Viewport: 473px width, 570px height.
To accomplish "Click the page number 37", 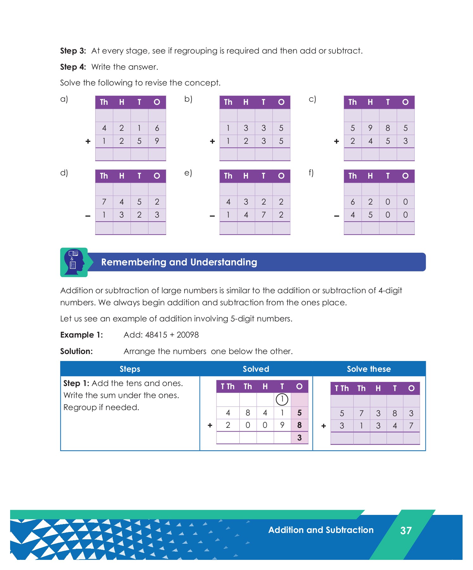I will (406, 530).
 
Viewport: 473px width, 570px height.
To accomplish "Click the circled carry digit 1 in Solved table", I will (282, 399).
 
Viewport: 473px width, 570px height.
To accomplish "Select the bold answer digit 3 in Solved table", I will (299, 438).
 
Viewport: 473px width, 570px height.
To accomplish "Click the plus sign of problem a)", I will (88, 141).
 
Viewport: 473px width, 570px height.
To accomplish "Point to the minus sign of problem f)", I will (337, 216).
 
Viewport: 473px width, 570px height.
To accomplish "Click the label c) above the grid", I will (312, 99).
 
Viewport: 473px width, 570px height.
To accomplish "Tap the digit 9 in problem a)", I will (157, 141).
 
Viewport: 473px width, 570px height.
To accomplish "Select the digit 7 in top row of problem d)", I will (104, 202).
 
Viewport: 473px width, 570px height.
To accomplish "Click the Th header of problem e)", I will (228, 176).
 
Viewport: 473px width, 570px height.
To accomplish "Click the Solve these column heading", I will (369, 369).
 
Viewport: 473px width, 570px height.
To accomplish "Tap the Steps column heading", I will (130, 369).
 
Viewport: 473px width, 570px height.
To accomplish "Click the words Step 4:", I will (73, 67).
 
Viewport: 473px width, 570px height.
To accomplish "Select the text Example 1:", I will (81, 335).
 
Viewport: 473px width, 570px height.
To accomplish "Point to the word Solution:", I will (76, 351).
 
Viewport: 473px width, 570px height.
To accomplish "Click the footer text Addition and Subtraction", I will (321, 530).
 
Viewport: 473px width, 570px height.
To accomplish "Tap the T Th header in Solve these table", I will (341, 388).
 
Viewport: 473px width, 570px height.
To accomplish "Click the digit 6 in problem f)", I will (352, 202).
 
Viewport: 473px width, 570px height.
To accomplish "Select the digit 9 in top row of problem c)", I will (370, 128).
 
